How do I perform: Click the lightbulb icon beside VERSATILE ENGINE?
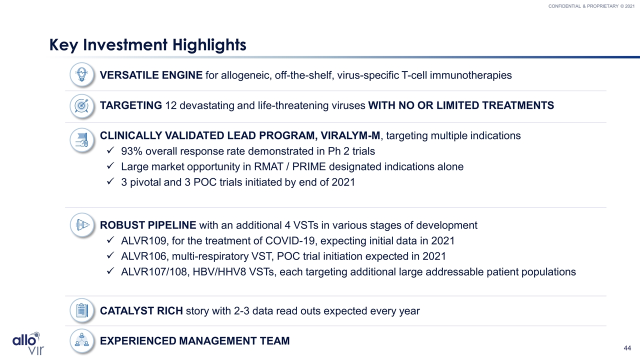[x=82, y=75]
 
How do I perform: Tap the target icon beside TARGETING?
[x=82, y=106]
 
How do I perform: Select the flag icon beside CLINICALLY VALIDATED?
[x=82, y=140]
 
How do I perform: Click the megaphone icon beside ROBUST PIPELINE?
[x=82, y=225]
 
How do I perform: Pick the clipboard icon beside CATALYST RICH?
[x=82, y=310]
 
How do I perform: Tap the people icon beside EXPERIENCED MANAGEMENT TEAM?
[x=82, y=341]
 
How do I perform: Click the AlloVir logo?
[x=28, y=343]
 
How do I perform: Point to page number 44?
[x=627, y=348]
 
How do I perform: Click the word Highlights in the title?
[x=209, y=45]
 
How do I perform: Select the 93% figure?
[x=131, y=151]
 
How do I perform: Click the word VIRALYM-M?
[x=350, y=135]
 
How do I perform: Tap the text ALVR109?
[x=143, y=241]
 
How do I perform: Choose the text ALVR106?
[x=143, y=256]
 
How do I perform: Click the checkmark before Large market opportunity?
[x=110, y=165]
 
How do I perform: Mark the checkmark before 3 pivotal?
[x=110, y=181]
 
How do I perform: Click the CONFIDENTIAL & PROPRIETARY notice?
[x=591, y=6]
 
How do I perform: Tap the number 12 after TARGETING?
[x=171, y=105]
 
